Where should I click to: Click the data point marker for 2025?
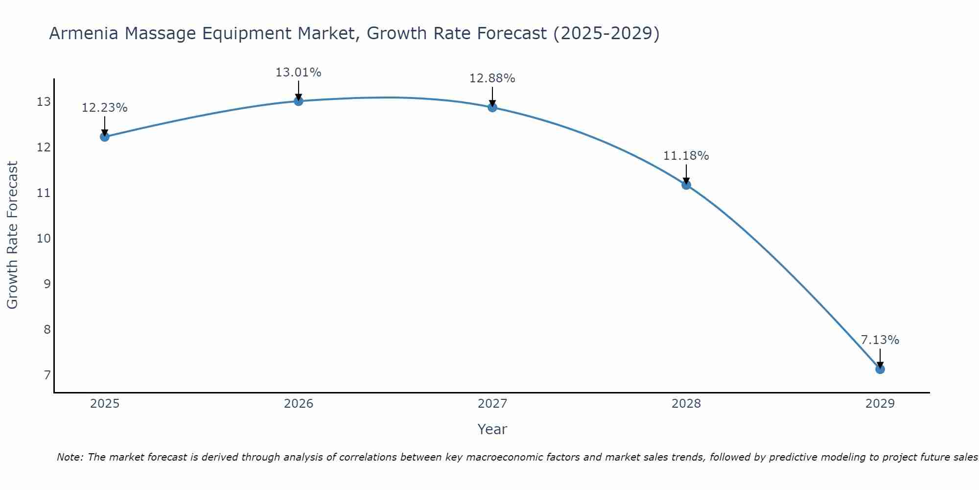point(104,137)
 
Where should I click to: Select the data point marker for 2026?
point(299,101)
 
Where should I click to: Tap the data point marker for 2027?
point(492,107)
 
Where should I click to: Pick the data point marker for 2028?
point(686,185)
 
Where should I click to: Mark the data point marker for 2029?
point(880,369)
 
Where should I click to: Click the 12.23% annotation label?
point(104,108)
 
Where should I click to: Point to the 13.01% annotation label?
point(298,73)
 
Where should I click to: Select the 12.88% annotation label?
point(492,78)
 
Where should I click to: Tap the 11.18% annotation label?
point(686,156)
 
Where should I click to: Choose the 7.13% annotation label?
point(880,340)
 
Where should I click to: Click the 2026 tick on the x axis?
point(299,404)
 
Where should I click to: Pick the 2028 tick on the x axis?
point(686,404)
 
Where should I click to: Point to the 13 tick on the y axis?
point(44,102)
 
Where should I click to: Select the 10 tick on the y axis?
point(44,239)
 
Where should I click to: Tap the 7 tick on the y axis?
point(47,375)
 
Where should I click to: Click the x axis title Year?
point(492,429)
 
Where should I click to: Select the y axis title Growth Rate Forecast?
point(12,235)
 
